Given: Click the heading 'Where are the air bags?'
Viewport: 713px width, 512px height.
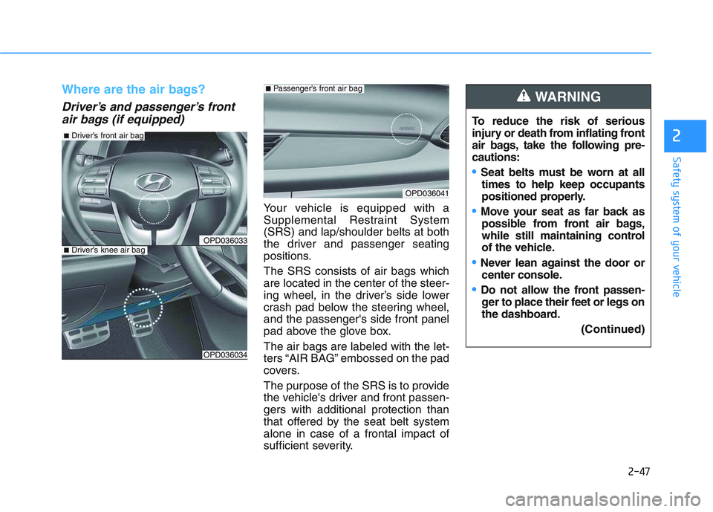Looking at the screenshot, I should click(133, 90).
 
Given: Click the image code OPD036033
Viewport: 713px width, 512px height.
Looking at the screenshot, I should click(224, 239).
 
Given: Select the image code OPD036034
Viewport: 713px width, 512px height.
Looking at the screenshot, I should click(224, 354).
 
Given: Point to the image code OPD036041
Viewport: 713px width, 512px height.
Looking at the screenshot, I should click(426, 192).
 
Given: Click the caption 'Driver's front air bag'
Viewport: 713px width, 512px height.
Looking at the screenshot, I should click(103, 136).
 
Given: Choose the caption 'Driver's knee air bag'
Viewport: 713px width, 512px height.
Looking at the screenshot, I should click(104, 250).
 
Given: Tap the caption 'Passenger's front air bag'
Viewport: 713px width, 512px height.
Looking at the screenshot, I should click(314, 88).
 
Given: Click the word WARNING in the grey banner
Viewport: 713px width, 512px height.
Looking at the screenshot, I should click(568, 97).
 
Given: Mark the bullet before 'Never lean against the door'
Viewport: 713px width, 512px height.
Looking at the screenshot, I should click(475, 262).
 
